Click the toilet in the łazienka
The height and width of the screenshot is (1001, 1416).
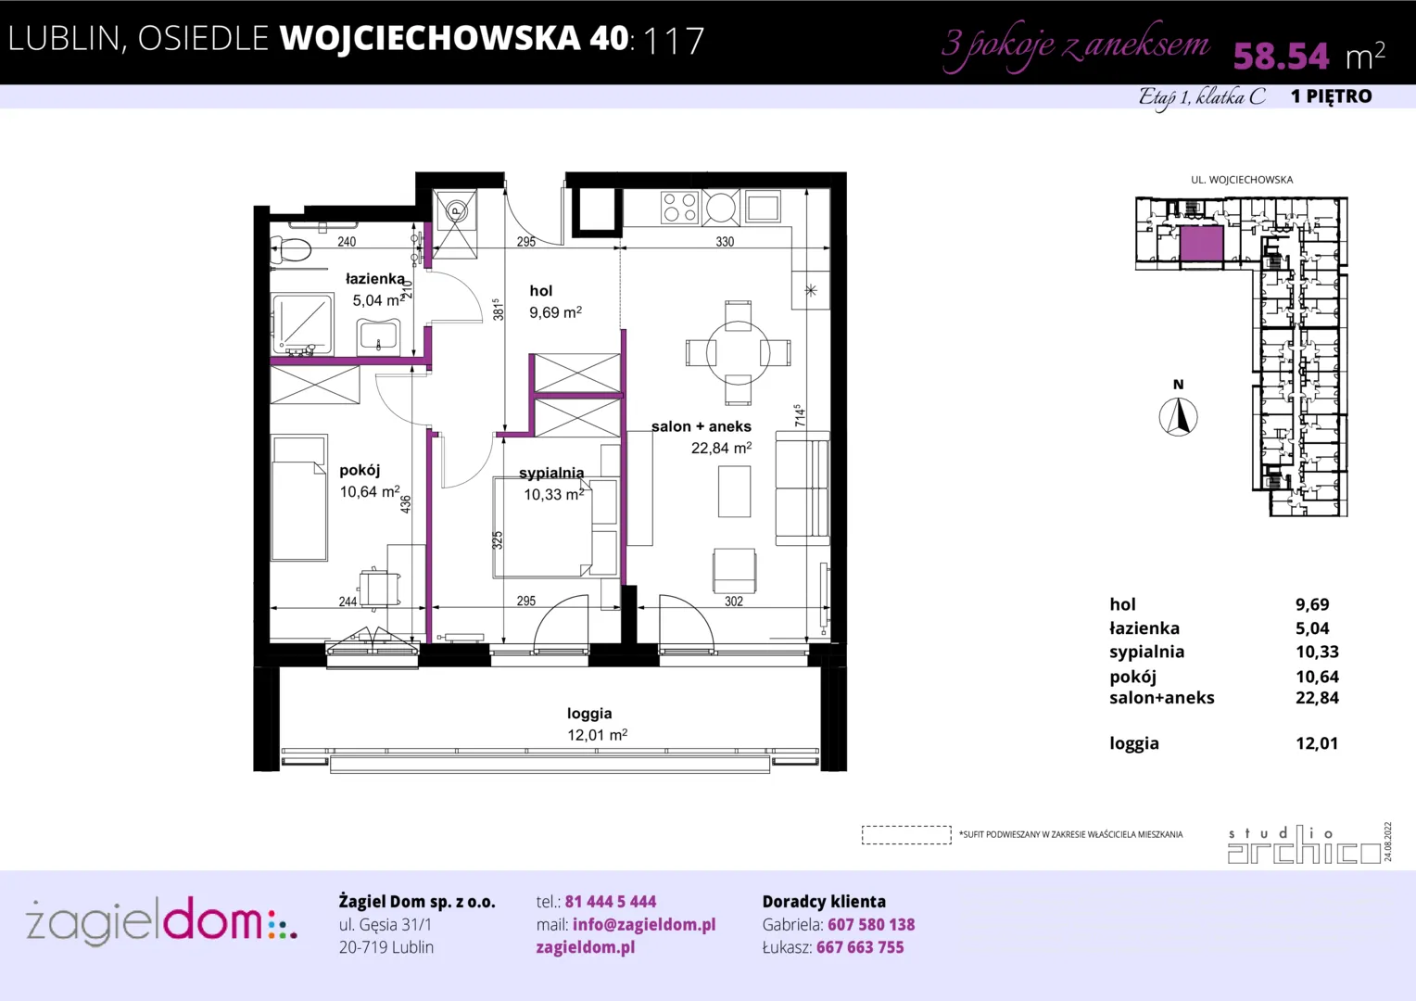click(291, 249)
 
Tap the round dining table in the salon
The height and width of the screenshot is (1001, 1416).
click(738, 353)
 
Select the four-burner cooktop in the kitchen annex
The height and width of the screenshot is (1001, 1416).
click(679, 208)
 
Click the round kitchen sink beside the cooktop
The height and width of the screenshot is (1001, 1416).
click(720, 208)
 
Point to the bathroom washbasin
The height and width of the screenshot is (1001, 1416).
click(378, 337)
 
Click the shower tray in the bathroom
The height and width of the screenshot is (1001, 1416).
click(302, 323)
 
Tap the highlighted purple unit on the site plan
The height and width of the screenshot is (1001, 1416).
click(1201, 244)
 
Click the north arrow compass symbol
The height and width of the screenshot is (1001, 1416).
click(1178, 417)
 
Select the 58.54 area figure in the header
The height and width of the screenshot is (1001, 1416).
click(1281, 56)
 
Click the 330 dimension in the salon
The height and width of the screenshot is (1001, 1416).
click(725, 242)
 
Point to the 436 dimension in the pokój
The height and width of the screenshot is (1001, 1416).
click(405, 504)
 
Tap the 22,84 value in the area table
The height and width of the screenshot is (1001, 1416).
click(1318, 698)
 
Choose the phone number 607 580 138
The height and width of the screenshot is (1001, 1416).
click(871, 924)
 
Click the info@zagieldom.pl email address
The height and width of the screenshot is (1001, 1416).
click(644, 924)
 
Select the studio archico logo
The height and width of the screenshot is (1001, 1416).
click(1305, 844)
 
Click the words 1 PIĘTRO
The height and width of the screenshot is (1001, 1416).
click(1332, 96)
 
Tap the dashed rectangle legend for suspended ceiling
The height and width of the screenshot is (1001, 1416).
click(906, 835)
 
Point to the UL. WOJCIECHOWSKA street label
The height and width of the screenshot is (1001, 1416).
click(1242, 180)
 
